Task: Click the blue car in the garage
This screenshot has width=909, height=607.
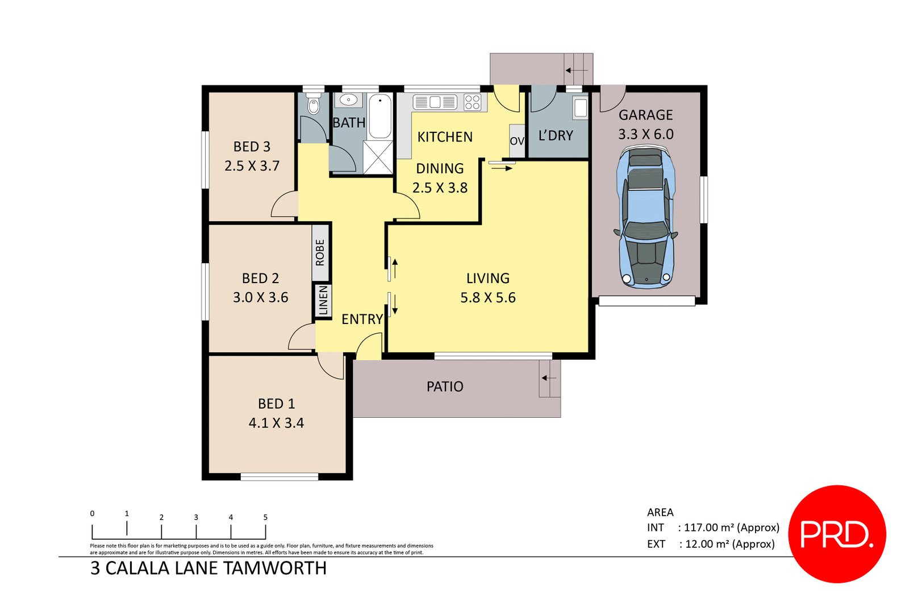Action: (x=646, y=219)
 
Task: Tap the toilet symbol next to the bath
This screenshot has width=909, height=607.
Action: (x=313, y=106)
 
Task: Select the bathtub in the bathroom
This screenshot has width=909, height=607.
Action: (x=380, y=117)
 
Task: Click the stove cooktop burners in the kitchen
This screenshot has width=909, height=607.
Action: (x=473, y=102)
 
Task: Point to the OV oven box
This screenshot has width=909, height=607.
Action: (x=517, y=141)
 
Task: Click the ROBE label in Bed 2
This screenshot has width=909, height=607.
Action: (x=320, y=252)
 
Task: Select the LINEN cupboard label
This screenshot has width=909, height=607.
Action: (x=323, y=300)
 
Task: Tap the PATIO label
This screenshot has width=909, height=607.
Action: (x=445, y=387)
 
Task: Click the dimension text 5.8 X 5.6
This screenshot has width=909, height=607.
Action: (x=487, y=298)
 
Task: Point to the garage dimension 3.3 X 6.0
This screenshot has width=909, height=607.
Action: (x=645, y=135)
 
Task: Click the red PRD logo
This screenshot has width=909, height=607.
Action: (x=837, y=534)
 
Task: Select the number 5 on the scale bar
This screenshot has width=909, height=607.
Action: (x=265, y=517)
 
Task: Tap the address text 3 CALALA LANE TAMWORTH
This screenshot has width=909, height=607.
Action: (x=209, y=568)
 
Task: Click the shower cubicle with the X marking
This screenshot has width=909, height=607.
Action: (x=378, y=157)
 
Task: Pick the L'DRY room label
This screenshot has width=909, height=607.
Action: (x=556, y=136)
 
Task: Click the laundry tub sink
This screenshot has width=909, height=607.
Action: (x=580, y=108)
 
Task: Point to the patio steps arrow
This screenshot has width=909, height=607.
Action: (x=548, y=378)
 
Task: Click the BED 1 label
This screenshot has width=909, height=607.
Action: (x=276, y=404)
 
